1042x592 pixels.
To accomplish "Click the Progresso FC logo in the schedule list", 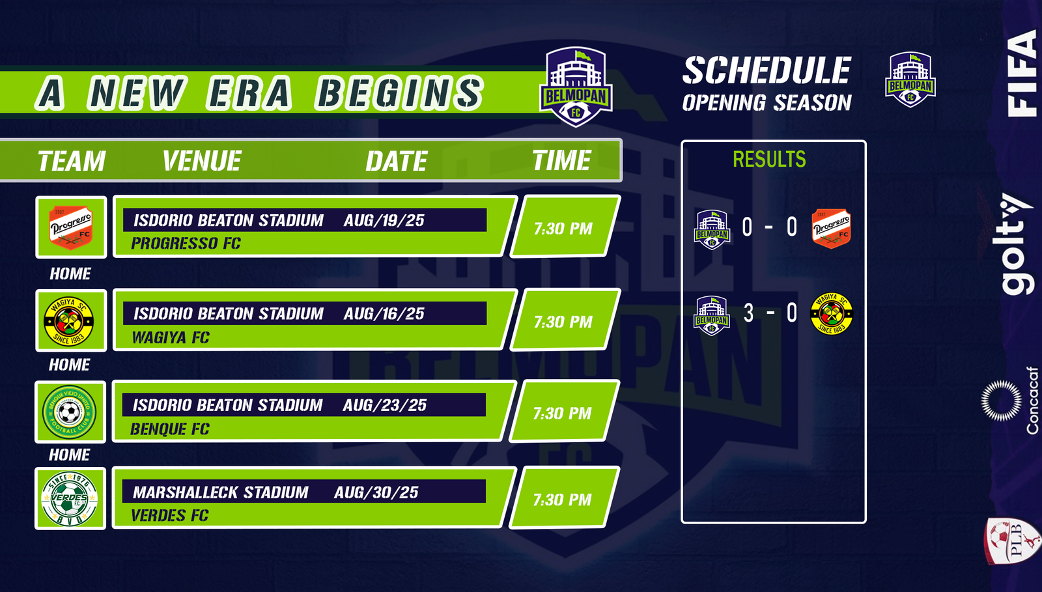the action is (71, 227).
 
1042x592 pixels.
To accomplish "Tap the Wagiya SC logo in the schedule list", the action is (69, 321).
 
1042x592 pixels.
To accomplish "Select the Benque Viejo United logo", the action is (69, 412).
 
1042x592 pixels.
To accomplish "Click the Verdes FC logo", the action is (69, 499).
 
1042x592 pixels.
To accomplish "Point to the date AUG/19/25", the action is (384, 220).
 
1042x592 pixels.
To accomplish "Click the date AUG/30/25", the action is (376, 492).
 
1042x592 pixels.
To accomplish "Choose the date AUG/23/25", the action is (384, 405).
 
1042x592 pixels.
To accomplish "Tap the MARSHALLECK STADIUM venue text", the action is (221, 492).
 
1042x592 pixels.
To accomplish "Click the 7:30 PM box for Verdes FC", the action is (564, 498).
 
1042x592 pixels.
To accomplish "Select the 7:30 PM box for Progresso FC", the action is (565, 227).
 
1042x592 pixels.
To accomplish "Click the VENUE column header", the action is (202, 161).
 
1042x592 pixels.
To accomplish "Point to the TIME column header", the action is (561, 160).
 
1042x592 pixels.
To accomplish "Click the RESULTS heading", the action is (769, 159).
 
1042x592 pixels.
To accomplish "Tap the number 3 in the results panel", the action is (748, 313).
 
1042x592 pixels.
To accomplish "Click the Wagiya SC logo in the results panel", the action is (831, 313).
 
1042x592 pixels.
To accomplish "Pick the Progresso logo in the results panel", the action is (831, 229).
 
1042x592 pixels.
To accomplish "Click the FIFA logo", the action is (1022, 74).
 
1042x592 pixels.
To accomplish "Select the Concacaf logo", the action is (1009, 401).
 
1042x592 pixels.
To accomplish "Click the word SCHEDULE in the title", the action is (767, 71).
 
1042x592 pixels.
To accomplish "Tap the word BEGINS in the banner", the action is (400, 93).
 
